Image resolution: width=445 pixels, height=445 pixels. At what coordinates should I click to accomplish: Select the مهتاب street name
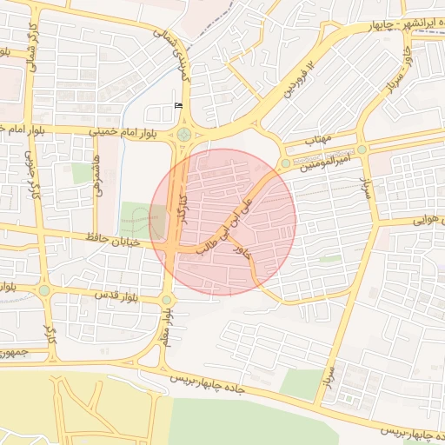319,139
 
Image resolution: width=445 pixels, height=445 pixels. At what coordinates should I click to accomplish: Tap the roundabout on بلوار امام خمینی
183,134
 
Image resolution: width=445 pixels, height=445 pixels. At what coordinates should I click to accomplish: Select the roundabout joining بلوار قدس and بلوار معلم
166,301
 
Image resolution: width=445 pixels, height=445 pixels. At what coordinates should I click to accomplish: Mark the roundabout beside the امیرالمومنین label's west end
285,163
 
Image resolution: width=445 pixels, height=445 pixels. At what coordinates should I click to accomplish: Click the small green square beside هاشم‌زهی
83,173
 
